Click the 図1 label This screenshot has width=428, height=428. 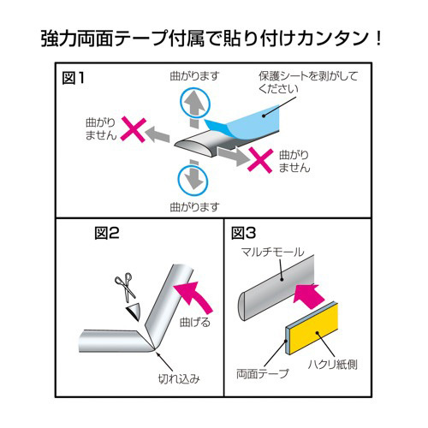pyautogui.click(x=75, y=78)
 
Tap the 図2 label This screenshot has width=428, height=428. pyautogui.click(x=108, y=232)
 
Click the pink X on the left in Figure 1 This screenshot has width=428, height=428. pyautogui.click(x=130, y=131)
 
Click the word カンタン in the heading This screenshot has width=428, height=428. pyautogui.click(x=332, y=39)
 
